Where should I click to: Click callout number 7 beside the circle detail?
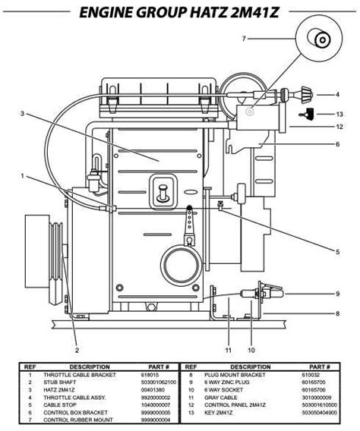244,39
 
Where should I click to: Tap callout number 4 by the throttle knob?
337,95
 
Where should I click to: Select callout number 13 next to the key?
339,114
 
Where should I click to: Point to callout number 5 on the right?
337,252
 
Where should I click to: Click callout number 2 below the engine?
77,350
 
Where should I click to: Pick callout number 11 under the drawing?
229,350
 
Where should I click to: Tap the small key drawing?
306,113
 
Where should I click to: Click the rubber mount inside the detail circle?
318,40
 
